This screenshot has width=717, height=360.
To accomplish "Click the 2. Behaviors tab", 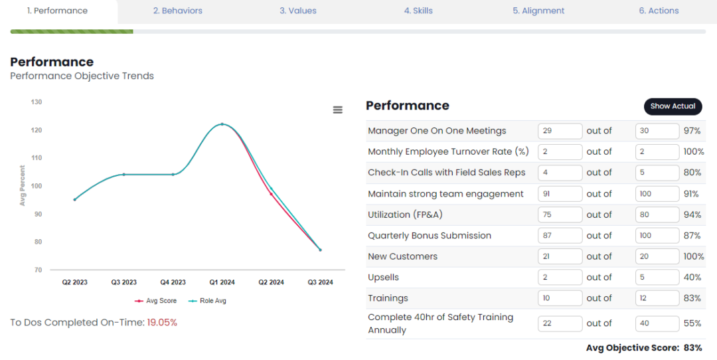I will pyautogui.click(x=177, y=11).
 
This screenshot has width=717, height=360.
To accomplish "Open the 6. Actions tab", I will pyautogui.click(x=659, y=11).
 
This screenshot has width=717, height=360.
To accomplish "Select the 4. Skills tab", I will pyautogui.click(x=418, y=11).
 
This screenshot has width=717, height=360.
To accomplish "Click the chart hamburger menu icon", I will pyautogui.click(x=337, y=110).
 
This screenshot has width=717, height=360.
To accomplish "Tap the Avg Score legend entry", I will pyautogui.click(x=157, y=301).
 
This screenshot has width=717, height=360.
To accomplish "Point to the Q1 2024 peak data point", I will pyautogui.click(x=222, y=124).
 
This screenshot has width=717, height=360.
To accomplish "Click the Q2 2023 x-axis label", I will pyautogui.click(x=75, y=282).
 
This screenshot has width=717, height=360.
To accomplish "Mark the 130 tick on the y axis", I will pyautogui.click(x=37, y=102).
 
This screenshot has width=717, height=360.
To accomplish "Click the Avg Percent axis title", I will pyautogui.click(x=23, y=185).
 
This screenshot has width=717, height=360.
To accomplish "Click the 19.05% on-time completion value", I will pyautogui.click(x=162, y=323).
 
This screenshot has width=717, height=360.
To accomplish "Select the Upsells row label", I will pyautogui.click(x=383, y=277).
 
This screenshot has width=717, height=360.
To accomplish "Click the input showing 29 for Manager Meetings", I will pyautogui.click(x=560, y=131).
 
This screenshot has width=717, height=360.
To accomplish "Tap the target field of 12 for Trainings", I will pyautogui.click(x=657, y=298).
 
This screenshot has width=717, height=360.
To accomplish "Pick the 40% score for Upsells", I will pyautogui.click(x=692, y=277).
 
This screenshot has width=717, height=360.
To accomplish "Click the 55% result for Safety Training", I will pyautogui.click(x=692, y=323).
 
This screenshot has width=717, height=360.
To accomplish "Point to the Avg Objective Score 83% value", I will pyautogui.click(x=692, y=348).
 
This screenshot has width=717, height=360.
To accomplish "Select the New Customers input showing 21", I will pyautogui.click(x=560, y=256).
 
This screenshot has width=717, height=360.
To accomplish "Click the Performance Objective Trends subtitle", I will pyautogui.click(x=82, y=76).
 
